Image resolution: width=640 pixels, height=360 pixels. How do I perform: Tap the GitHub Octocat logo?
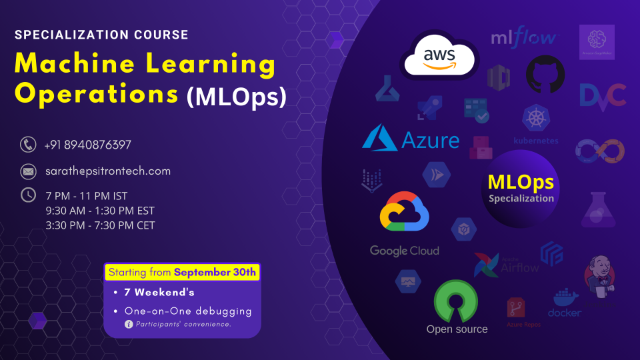545,74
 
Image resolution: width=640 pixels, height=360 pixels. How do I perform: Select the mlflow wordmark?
523,37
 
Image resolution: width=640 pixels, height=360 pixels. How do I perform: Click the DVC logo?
602,95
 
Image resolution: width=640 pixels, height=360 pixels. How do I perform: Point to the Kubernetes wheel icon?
535,119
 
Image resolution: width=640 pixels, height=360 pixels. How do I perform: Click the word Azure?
431,140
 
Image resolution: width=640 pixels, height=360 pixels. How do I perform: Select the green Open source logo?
457,301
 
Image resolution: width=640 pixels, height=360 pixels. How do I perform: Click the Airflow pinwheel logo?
487,265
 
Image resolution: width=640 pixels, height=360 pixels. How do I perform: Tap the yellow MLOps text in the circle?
521,182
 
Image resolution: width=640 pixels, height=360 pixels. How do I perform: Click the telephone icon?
28,144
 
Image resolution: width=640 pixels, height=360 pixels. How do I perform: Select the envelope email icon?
28,171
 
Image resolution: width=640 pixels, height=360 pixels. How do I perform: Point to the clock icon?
28,195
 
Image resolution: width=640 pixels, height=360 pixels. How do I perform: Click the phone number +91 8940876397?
87,145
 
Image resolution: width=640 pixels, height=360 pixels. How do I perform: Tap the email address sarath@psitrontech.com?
107,171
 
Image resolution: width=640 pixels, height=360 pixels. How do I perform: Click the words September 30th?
215,272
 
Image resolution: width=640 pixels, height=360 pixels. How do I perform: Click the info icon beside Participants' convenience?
129,324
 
